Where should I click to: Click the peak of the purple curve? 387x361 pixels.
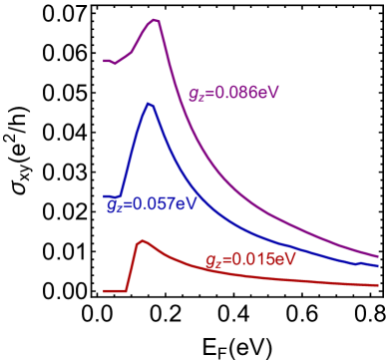coord(155,19)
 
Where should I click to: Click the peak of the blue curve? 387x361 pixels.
coord(149,104)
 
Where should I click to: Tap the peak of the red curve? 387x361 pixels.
coord(142,240)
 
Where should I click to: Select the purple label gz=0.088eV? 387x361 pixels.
coord(233,93)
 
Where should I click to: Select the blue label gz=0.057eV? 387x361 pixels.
coord(152,204)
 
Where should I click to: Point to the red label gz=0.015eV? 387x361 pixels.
coord(250,259)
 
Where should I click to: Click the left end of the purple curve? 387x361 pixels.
coord(105,61)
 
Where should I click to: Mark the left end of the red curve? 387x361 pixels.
coord(104,291)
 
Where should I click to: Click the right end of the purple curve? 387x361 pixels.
coord(378,256)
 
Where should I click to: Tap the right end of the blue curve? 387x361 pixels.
coord(378,265)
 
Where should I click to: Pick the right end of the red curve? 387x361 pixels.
coord(378,285)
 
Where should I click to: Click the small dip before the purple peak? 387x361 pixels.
coord(115,64)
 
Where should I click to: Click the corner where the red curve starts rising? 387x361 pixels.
coord(127,290)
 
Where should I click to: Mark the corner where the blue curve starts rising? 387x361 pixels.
coord(120,194)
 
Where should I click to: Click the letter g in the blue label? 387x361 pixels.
coord(111,205)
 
